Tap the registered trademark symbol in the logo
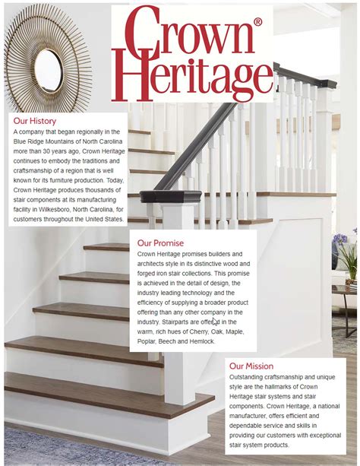(x=258, y=24)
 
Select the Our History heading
(x=35, y=121)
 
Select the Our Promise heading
(x=160, y=243)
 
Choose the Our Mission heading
(x=251, y=366)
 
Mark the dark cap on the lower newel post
(x=182, y=196)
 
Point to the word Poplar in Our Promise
(x=148, y=341)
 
